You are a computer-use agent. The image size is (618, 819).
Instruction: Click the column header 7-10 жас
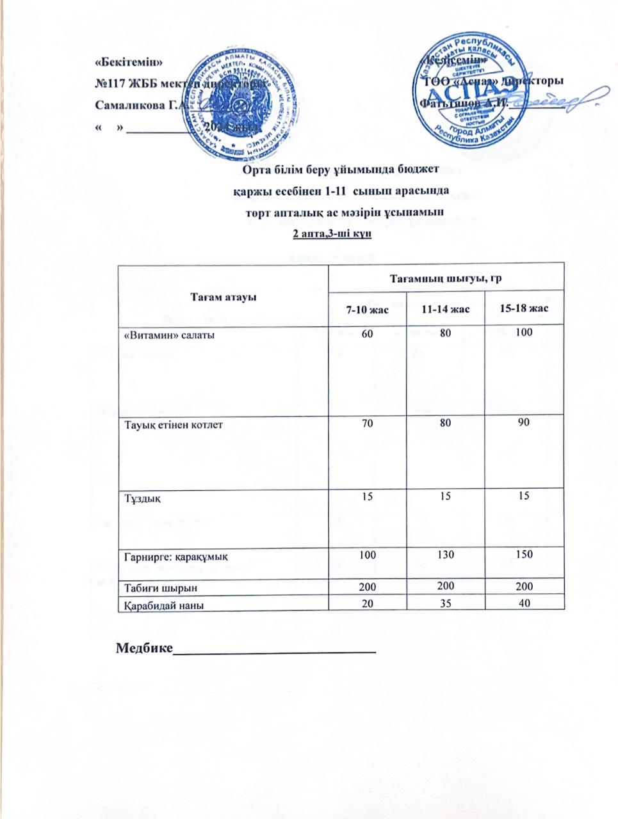[x=366, y=310]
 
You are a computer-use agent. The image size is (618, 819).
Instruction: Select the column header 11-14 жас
[x=446, y=310]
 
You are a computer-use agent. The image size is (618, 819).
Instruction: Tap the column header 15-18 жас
[x=525, y=309]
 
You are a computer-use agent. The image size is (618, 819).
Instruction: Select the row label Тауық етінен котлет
[x=173, y=424]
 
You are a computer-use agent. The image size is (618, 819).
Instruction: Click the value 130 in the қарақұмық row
[x=446, y=555]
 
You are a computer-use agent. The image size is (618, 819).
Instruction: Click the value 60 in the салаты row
[x=365, y=333]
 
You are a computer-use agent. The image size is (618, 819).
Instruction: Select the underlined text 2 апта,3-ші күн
[x=332, y=235]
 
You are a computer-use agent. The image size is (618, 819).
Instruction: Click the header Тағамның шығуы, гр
[x=446, y=278]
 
